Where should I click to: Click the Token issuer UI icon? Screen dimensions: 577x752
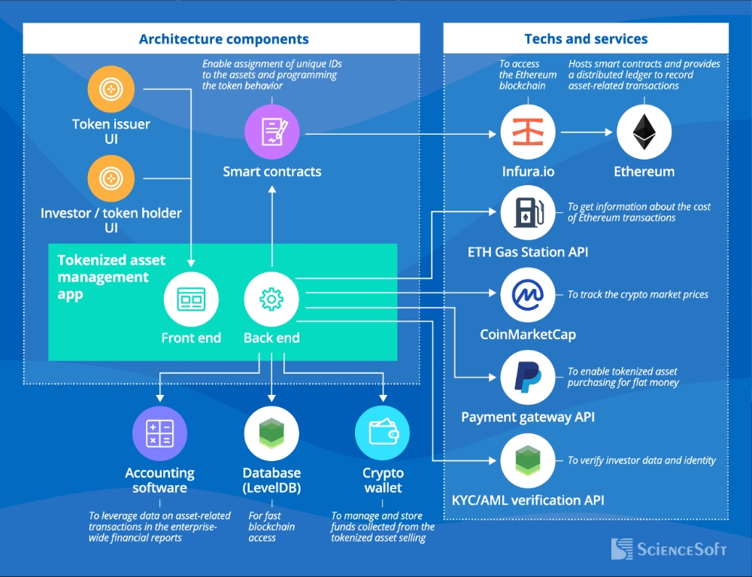[111, 90]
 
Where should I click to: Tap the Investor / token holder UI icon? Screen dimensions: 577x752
[111, 178]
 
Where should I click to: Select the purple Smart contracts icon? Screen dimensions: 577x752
[271, 132]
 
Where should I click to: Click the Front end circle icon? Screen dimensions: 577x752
[191, 299]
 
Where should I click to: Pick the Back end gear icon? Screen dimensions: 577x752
[271, 299]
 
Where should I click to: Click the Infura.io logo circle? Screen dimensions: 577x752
[528, 132]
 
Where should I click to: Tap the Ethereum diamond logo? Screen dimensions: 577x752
[644, 132]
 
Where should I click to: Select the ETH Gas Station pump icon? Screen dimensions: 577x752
[528, 212]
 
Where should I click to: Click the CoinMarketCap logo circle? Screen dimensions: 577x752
[528, 294]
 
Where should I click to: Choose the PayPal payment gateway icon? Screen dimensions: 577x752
[528, 377]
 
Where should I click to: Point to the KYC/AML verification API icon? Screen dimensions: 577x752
[528, 460]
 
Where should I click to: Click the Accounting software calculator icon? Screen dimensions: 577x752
[159, 433]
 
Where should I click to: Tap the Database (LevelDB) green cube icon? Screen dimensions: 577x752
[271, 433]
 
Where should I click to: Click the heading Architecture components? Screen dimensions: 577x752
[223, 39]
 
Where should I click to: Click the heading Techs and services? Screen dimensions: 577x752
[586, 39]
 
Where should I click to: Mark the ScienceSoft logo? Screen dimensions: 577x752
[669, 548]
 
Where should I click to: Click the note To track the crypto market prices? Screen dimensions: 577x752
[638, 294]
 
